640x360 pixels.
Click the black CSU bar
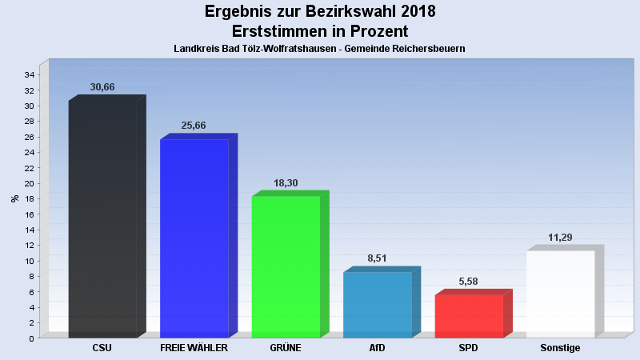[102, 218]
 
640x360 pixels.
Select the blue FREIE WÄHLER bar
[194, 238]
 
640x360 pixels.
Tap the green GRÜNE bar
[286, 266]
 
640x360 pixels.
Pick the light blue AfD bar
[377, 305]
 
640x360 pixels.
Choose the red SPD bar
[469, 316]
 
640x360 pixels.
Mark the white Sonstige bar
[560, 294]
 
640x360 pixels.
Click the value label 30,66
[102, 87]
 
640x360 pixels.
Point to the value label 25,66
[194, 126]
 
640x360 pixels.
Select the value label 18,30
[286, 183]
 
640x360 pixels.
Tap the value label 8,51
[377, 258]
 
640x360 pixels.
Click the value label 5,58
[469, 282]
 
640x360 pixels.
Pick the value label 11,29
[560, 238]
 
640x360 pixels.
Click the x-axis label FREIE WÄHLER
[194, 348]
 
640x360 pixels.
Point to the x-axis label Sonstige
[560, 348]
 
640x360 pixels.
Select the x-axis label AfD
[377, 348]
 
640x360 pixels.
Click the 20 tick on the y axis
[28, 183]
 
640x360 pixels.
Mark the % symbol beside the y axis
[14, 198]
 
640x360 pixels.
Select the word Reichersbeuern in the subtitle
[426, 49]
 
